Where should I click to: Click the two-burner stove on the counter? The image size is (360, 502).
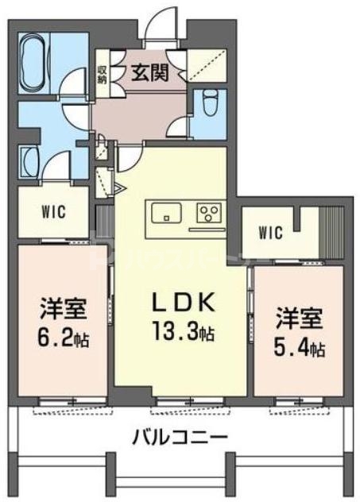211,212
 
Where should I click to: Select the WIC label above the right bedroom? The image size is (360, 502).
271,233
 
